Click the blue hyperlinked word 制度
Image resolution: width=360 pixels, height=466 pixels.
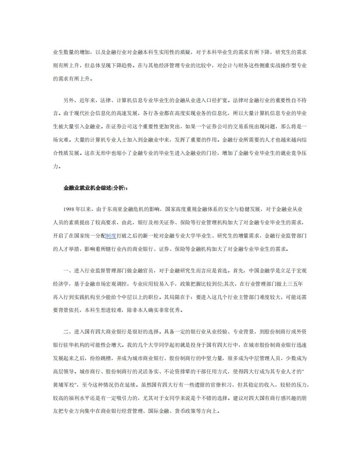point(111,236)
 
